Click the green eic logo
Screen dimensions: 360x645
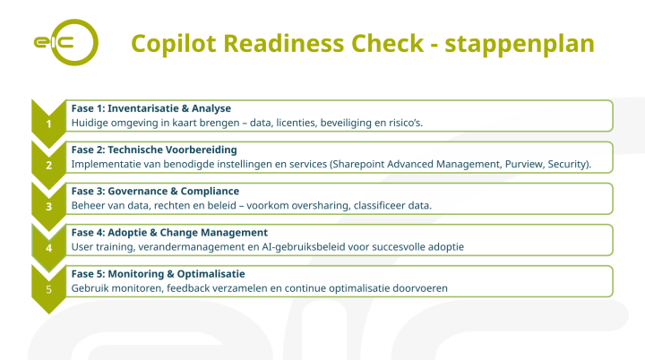tap(64, 43)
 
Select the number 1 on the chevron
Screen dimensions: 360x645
tap(48, 124)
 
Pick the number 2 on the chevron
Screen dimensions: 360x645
tap(48, 165)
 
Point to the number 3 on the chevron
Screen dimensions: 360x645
tap(48, 206)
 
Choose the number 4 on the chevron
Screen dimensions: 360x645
tap(48, 247)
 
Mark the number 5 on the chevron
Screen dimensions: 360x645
tap(48, 288)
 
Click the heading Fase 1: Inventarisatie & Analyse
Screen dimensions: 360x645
tap(150, 108)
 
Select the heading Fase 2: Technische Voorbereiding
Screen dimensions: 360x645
tap(154, 150)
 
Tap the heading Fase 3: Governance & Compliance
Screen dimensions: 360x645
tap(155, 191)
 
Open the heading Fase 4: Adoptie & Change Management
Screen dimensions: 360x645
tap(169, 232)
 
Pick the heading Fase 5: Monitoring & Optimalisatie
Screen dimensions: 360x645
tap(159, 273)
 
